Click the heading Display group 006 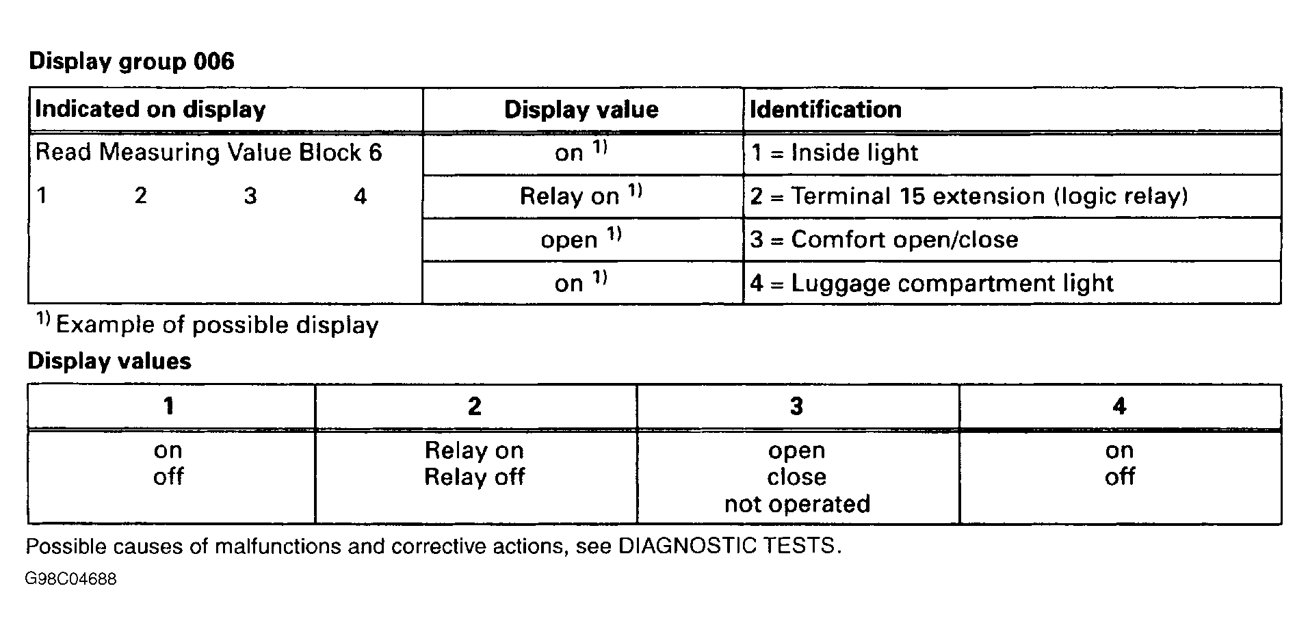[x=131, y=62]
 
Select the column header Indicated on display [x=150, y=109]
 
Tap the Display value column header [x=581, y=109]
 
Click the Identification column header [x=826, y=109]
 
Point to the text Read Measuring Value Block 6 [x=209, y=152]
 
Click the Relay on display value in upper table [x=569, y=197]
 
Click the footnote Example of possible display [x=217, y=325]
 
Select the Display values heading [x=109, y=361]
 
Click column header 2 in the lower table [x=475, y=407]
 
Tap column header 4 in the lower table [x=1119, y=407]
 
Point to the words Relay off [x=475, y=477]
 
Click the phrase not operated [x=797, y=504]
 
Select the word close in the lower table [x=797, y=477]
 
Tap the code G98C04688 [x=71, y=580]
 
